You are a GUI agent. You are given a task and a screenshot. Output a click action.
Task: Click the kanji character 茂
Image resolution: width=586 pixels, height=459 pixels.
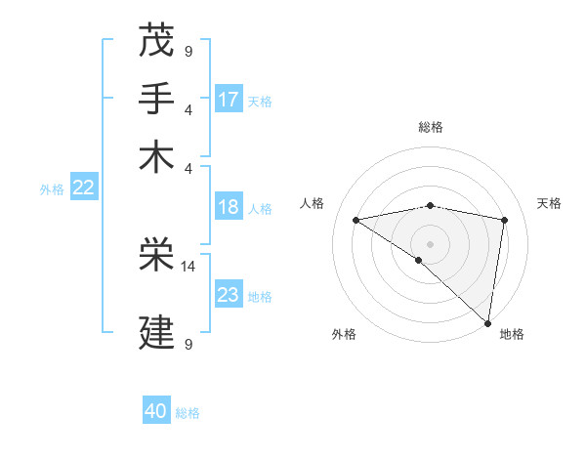pos(157,42)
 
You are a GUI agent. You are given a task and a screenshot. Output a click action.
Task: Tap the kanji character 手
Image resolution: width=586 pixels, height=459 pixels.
pos(157,99)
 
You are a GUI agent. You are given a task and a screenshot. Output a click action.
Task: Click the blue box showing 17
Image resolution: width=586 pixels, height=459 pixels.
pos(229,99)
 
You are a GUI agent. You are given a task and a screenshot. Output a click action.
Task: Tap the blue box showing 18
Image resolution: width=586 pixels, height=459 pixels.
pos(229,207)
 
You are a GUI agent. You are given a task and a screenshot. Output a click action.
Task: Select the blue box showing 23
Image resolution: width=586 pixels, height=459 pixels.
pos(229,294)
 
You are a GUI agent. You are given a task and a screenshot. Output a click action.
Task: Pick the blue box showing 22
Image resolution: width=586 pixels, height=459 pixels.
pos(84,188)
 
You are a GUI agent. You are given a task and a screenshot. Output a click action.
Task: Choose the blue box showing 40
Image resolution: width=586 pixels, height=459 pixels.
pos(156,411)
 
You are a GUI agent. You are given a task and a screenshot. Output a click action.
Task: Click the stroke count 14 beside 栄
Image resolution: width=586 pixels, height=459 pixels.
pos(188,266)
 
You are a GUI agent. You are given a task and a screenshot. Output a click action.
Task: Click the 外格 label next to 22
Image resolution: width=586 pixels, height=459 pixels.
pos(51,189)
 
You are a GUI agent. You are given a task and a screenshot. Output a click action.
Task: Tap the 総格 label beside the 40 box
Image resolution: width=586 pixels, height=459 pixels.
pos(188,413)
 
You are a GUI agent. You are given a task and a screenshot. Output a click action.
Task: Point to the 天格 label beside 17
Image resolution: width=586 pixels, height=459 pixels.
pos(260,101)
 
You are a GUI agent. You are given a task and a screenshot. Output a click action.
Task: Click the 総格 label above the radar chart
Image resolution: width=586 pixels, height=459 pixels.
pos(431,127)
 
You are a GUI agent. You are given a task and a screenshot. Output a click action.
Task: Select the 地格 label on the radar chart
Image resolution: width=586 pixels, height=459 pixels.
pos(512,334)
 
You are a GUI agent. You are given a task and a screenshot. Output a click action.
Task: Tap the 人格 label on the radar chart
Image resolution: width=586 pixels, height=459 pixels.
pos(313,203)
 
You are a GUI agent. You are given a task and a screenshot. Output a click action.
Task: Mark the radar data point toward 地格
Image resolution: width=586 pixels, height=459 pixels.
pos(487,322)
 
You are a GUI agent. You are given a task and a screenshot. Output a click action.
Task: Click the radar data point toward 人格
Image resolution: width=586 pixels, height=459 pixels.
pos(356,220)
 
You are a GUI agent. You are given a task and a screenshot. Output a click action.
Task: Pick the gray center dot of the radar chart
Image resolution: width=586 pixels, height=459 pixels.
pos(430,243)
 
